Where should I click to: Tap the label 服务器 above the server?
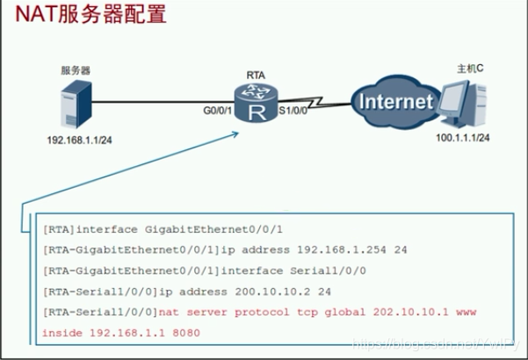(76, 69)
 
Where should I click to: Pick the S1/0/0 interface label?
(294, 112)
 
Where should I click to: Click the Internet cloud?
(396, 102)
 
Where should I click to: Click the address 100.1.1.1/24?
(463, 138)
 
